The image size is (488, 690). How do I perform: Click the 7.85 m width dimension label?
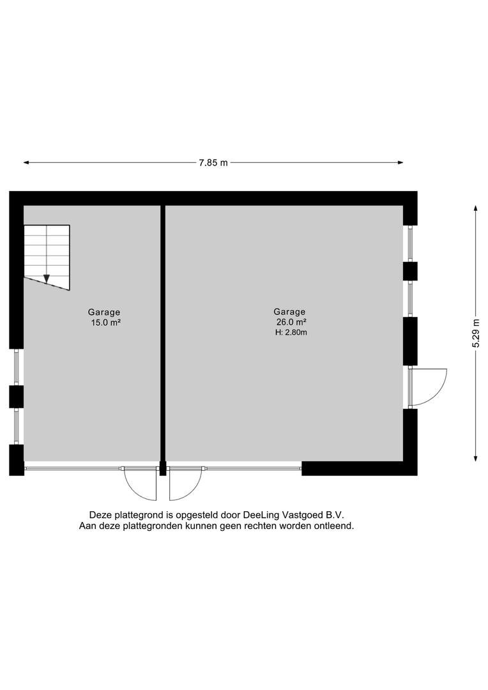click(x=213, y=163)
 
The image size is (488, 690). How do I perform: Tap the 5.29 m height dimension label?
click(x=476, y=332)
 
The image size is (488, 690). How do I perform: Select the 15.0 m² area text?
click(x=106, y=323)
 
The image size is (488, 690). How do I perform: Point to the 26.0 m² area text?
click(x=291, y=322)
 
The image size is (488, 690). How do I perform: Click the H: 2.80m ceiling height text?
click(x=291, y=332)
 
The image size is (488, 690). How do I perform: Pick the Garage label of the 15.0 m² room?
click(x=104, y=312)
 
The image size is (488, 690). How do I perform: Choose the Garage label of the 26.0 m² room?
click(x=290, y=312)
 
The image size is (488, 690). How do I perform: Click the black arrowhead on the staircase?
click(x=47, y=279)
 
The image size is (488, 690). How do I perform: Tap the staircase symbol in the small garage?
click(x=47, y=256)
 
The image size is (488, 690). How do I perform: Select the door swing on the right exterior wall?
click(x=428, y=387)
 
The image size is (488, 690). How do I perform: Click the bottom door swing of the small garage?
click(x=141, y=484)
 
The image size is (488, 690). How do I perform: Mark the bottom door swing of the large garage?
click(x=184, y=484)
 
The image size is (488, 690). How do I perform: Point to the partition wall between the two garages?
click(x=163, y=332)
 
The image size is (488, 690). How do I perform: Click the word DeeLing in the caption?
click(x=263, y=514)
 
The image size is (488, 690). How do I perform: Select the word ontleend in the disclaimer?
click(x=333, y=526)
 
